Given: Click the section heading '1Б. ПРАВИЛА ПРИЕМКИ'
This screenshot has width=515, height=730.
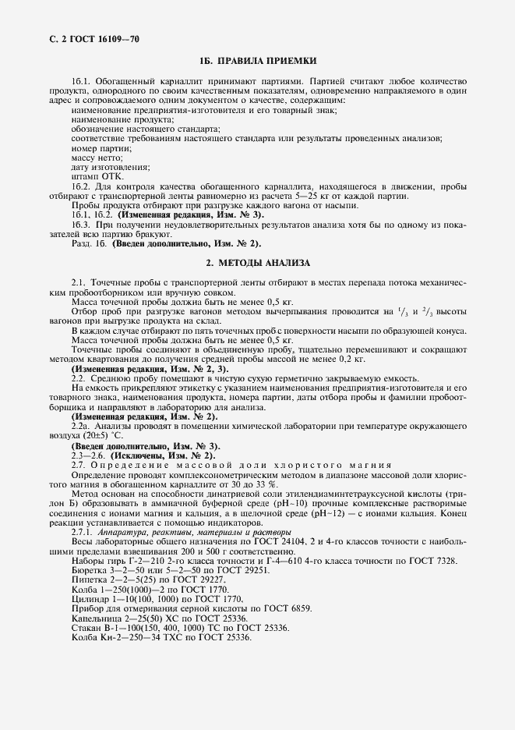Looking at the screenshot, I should coord(257,61).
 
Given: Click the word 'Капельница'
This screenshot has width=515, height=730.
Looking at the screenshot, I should coord(95,618).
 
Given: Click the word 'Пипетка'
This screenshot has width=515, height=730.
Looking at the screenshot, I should coord(89,580).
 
